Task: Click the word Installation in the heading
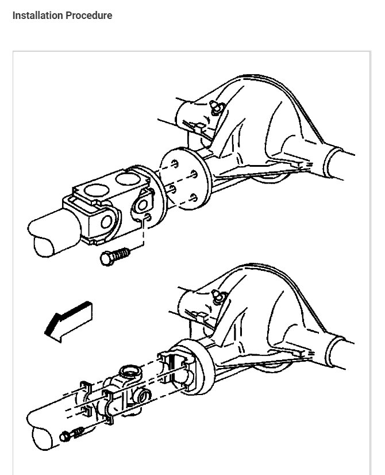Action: point(37,16)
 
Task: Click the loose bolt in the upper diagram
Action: point(115,256)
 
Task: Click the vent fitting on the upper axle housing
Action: point(217,108)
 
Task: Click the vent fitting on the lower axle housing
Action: point(218,298)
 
